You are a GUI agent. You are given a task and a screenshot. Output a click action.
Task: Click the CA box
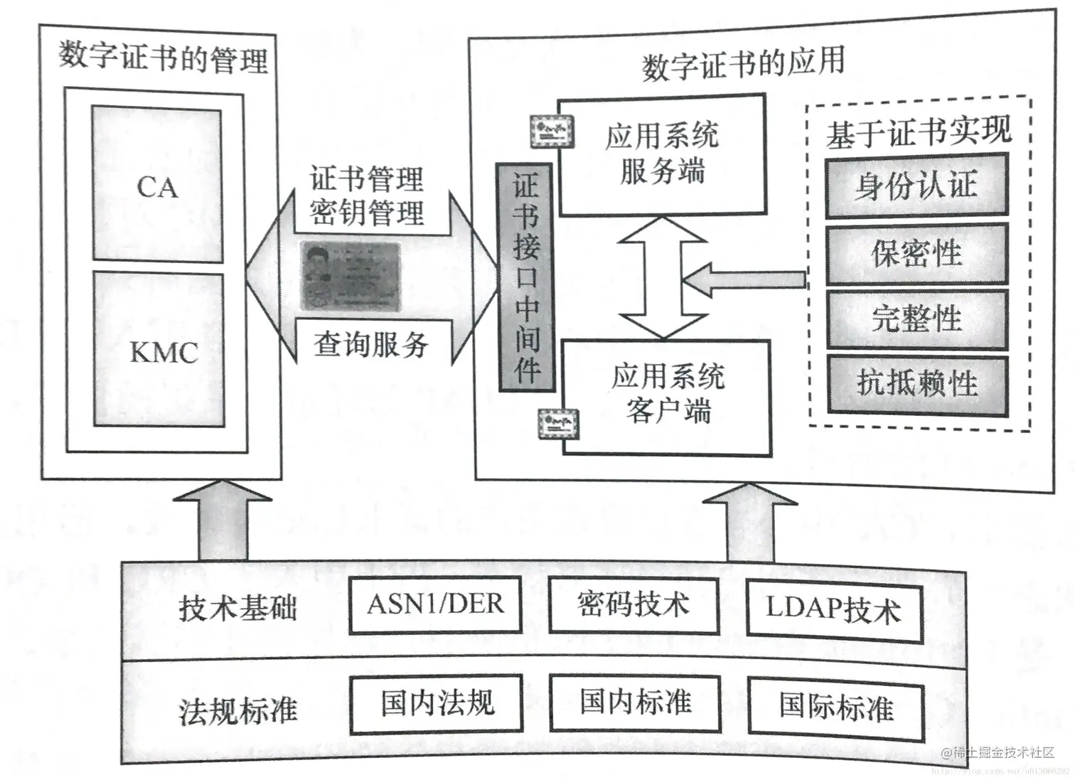point(157,186)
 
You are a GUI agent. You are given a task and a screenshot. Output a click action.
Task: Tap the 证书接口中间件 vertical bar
point(526,277)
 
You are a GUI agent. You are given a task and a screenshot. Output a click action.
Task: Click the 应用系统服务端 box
point(661,154)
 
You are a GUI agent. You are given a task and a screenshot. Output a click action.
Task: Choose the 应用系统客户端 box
point(667,397)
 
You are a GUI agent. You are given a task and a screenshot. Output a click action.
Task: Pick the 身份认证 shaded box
point(916,186)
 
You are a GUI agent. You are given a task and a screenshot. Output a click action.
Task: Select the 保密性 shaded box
point(916,254)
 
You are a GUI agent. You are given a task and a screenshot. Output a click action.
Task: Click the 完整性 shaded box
point(916,319)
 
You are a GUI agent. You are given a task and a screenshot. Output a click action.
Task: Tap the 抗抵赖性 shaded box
point(917,384)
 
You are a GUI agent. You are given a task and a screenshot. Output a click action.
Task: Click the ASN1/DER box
point(435,605)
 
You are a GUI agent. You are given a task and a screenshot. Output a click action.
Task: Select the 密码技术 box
point(633,605)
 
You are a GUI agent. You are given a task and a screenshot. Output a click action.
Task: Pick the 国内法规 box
point(436,703)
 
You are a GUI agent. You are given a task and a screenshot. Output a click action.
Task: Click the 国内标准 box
point(634,702)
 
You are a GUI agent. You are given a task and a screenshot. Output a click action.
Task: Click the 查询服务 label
point(370,345)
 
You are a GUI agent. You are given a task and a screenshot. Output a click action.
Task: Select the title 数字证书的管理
point(163,58)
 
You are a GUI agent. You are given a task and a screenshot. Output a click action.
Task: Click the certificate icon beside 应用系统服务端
point(552,131)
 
